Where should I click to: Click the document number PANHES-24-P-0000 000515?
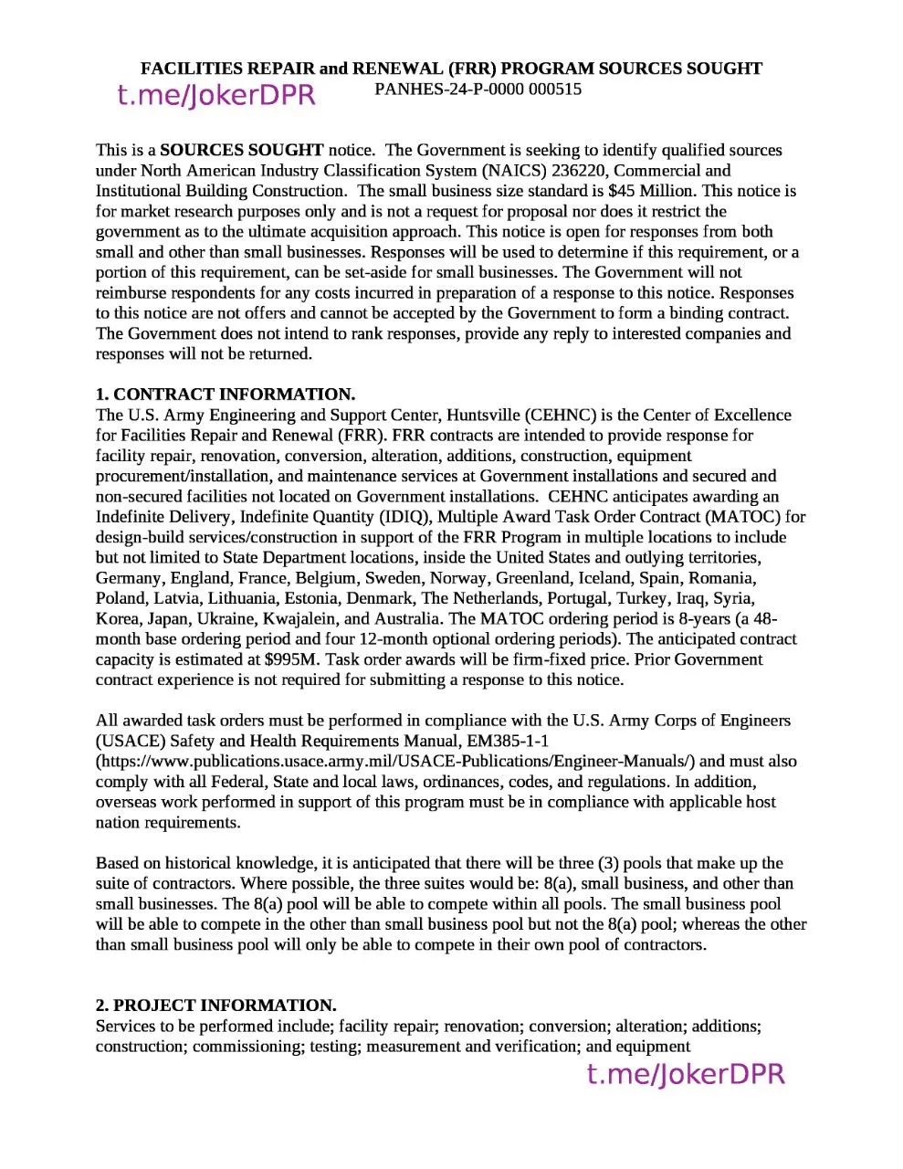pyautogui.click(x=478, y=90)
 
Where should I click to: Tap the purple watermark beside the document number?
pyautogui.click(x=216, y=95)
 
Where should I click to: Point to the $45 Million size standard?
pyautogui.click(x=651, y=191)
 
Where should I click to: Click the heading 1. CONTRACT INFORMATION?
pyautogui.click(x=226, y=395)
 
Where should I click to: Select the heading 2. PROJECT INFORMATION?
pyautogui.click(x=216, y=1006)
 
